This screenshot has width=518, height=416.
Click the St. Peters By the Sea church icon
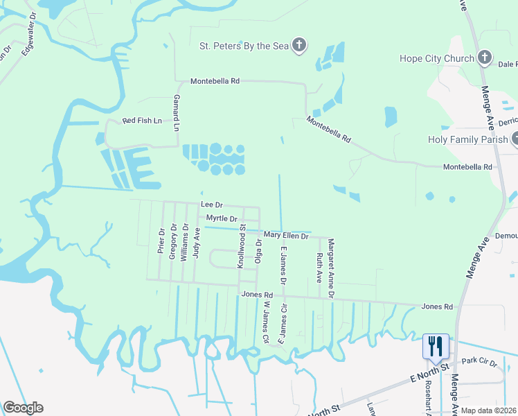(299, 46)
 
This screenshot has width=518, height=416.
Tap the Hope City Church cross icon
(485, 58)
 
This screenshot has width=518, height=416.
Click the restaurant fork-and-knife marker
(436, 345)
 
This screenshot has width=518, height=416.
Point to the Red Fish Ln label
(142, 121)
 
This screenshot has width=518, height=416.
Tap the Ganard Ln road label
(177, 114)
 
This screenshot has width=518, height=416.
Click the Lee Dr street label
(211, 205)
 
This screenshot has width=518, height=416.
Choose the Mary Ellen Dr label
(285, 236)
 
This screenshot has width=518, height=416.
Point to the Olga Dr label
(258, 251)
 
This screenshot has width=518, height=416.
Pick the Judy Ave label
(197, 243)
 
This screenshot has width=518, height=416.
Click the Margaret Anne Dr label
(331, 269)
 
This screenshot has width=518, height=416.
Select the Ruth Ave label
(319, 267)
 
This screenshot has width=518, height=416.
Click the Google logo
(23, 408)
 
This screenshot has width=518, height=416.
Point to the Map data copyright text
(488, 410)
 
